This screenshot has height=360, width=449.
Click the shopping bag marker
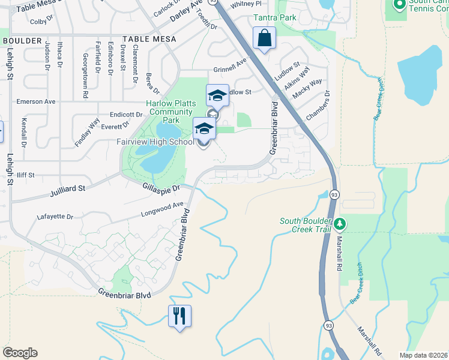[264, 39]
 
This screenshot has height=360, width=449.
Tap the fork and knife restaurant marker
[179, 315]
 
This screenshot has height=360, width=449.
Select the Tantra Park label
[274, 17]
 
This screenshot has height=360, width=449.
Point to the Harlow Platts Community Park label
[171, 112]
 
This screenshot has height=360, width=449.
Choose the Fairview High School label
[155, 142]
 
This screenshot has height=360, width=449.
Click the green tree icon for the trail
[340, 224]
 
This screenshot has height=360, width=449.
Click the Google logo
[20, 353]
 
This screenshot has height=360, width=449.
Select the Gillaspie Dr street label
[161, 188]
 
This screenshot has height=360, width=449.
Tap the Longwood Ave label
[162, 208]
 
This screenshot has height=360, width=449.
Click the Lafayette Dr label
[55, 217]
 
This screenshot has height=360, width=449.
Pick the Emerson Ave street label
[38, 101]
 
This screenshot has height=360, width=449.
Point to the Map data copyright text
[423, 355]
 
